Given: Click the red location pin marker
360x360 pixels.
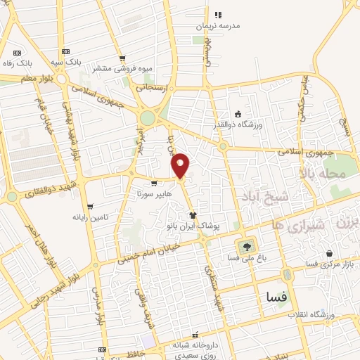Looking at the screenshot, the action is (181, 165).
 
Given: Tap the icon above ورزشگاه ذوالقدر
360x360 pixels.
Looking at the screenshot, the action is (238, 115).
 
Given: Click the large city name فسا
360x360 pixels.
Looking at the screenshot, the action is (274, 297).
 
